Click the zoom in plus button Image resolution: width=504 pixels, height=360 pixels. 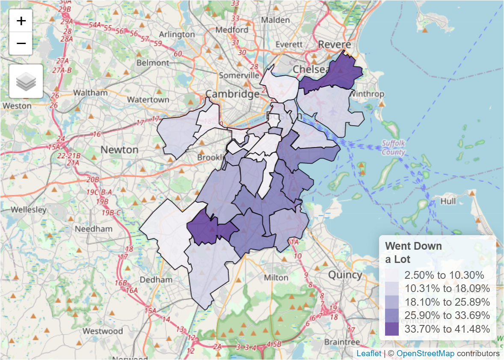point(21,21)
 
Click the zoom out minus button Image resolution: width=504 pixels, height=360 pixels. point(21,43)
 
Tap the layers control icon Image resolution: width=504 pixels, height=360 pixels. point(26,81)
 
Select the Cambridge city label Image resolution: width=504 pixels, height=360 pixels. point(232,94)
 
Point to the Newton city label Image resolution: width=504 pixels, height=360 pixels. point(119,150)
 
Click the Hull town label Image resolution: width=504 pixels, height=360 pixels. point(448,201)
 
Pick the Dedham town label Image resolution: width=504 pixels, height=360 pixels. point(156,280)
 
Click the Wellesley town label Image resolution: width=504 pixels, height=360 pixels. point(28,210)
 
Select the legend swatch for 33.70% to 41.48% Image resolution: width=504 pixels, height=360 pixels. point(391,329)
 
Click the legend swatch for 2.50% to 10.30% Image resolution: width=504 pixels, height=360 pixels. point(391,275)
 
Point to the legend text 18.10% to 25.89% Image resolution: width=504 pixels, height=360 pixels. point(447,302)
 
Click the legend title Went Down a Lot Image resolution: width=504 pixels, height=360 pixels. point(413,252)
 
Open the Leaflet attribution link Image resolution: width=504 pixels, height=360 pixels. point(368,354)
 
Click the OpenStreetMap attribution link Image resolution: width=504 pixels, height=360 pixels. point(425,354)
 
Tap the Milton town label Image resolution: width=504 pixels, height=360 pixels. point(276,277)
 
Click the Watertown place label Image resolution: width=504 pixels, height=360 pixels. point(148,100)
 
